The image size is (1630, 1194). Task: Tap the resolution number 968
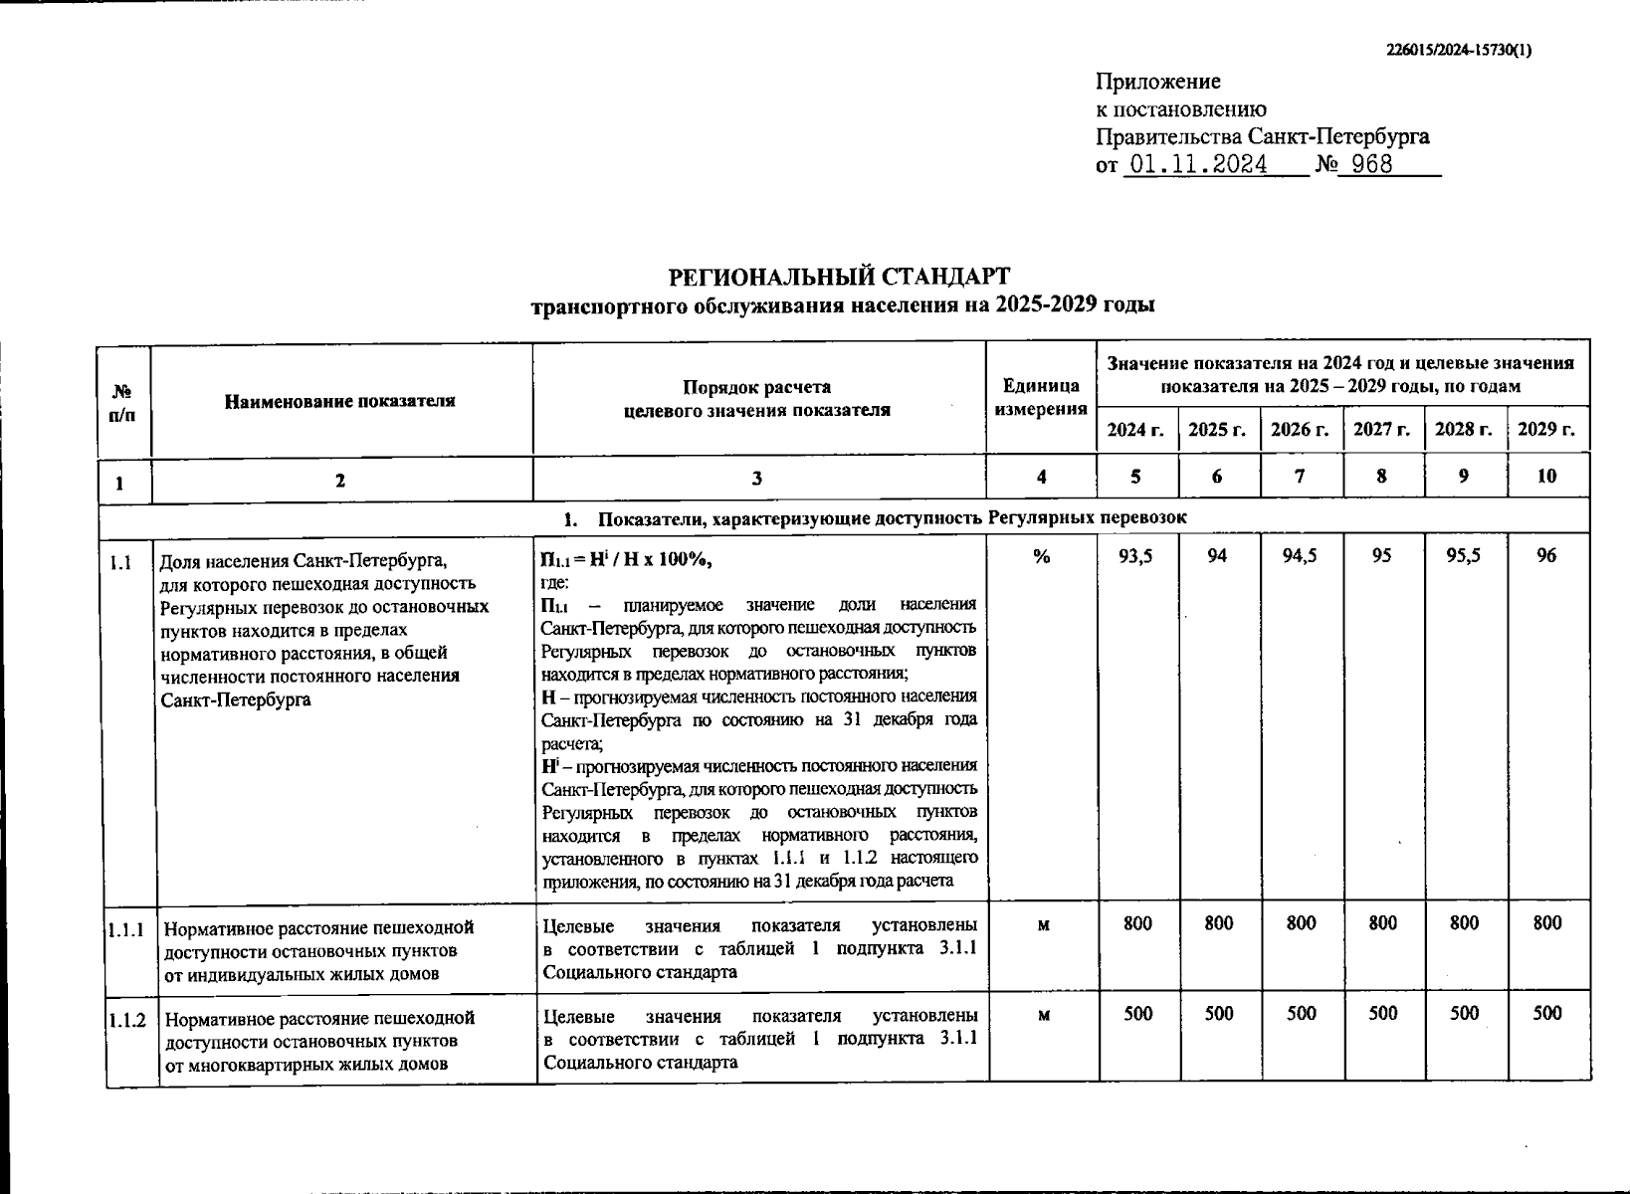[x=1371, y=164]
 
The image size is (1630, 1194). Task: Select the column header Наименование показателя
[x=340, y=401]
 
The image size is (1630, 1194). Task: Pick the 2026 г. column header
[x=1300, y=430]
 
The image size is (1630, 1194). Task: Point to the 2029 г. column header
[x=1546, y=430]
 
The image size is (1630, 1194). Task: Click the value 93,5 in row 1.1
[x=1136, y=556]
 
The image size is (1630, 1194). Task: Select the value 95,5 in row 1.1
[x=1464, y=556]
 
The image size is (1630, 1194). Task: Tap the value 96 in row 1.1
[x=1546, y=556]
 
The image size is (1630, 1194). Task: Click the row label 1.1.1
[x=127, y=929]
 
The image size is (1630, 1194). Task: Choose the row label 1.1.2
[x=127, y=1020]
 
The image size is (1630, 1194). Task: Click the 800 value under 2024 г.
[x=1137, y=923]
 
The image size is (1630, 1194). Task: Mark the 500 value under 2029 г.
[x=1547, y=1014]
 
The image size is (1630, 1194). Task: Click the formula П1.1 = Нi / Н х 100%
[x=627, y=560]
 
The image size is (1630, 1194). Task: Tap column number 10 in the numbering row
[x=1546, y=477]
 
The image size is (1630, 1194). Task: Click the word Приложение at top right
[x=1158, y=82]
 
